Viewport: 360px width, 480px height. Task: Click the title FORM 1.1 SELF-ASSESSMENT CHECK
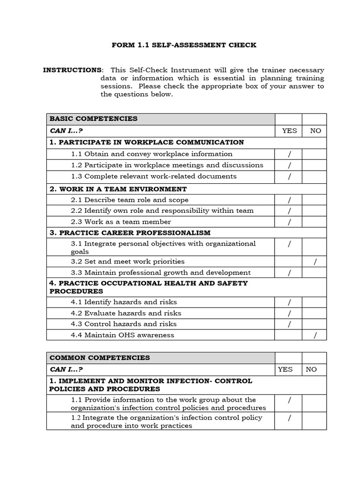click(184, 45)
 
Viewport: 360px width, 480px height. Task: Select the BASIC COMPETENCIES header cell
click(94, 119)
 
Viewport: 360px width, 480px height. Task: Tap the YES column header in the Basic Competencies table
click(289, 131)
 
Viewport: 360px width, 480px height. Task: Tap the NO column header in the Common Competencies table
click(311, 369)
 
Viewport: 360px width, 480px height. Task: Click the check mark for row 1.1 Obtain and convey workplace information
click(290, 154)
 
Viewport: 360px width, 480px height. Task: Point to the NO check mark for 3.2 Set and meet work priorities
click(315, 262)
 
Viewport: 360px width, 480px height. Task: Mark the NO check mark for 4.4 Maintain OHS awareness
click(315, 335)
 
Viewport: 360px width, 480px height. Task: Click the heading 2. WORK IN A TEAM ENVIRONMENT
click(118, 189)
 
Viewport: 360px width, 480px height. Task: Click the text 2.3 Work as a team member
click(121, 222)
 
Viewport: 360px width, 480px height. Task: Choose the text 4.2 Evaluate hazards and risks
click(126, 313)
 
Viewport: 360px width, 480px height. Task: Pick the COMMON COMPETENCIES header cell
click(99, 358)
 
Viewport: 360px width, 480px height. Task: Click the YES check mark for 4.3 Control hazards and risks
click(290, 324)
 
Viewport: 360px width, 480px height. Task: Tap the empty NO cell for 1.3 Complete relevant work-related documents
click(314, 177)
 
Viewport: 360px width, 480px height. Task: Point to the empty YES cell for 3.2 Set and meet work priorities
click(288, 262)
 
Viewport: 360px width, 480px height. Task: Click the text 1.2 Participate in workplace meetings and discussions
click(167, 165)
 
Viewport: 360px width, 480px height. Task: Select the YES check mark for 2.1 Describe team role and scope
click(290, 200)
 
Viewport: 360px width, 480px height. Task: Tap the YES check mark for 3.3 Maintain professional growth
click(290, 273)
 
